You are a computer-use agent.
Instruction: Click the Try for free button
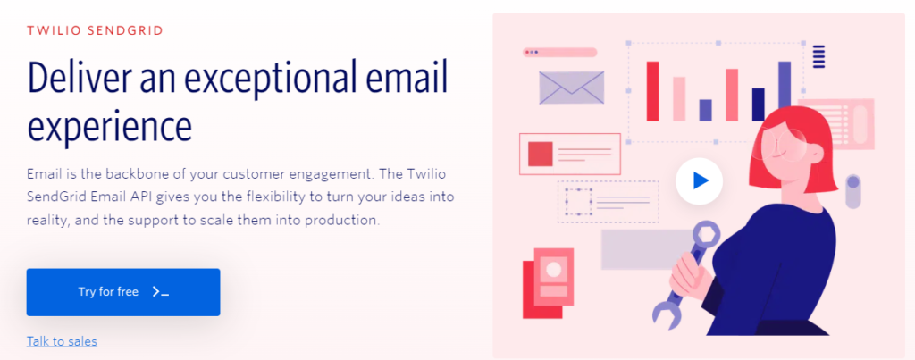(123, 292)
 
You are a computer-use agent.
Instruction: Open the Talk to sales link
(62, 341)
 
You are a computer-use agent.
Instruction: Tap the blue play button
(699, 180)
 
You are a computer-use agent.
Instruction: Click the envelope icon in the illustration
(571, 88)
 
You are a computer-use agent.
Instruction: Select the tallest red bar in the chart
(652, 91)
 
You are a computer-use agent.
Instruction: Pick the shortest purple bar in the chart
(706, 110)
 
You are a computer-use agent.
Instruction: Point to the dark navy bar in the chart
(758, 105)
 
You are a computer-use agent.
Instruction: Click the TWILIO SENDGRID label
(95, 30)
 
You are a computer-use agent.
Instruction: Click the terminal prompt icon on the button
(161, 292)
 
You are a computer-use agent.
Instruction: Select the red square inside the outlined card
(541, 154)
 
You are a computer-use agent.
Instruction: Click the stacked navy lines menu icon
(818, 56)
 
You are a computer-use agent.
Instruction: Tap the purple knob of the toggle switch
(853, 182)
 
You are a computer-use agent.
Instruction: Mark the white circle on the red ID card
(553, 270)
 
